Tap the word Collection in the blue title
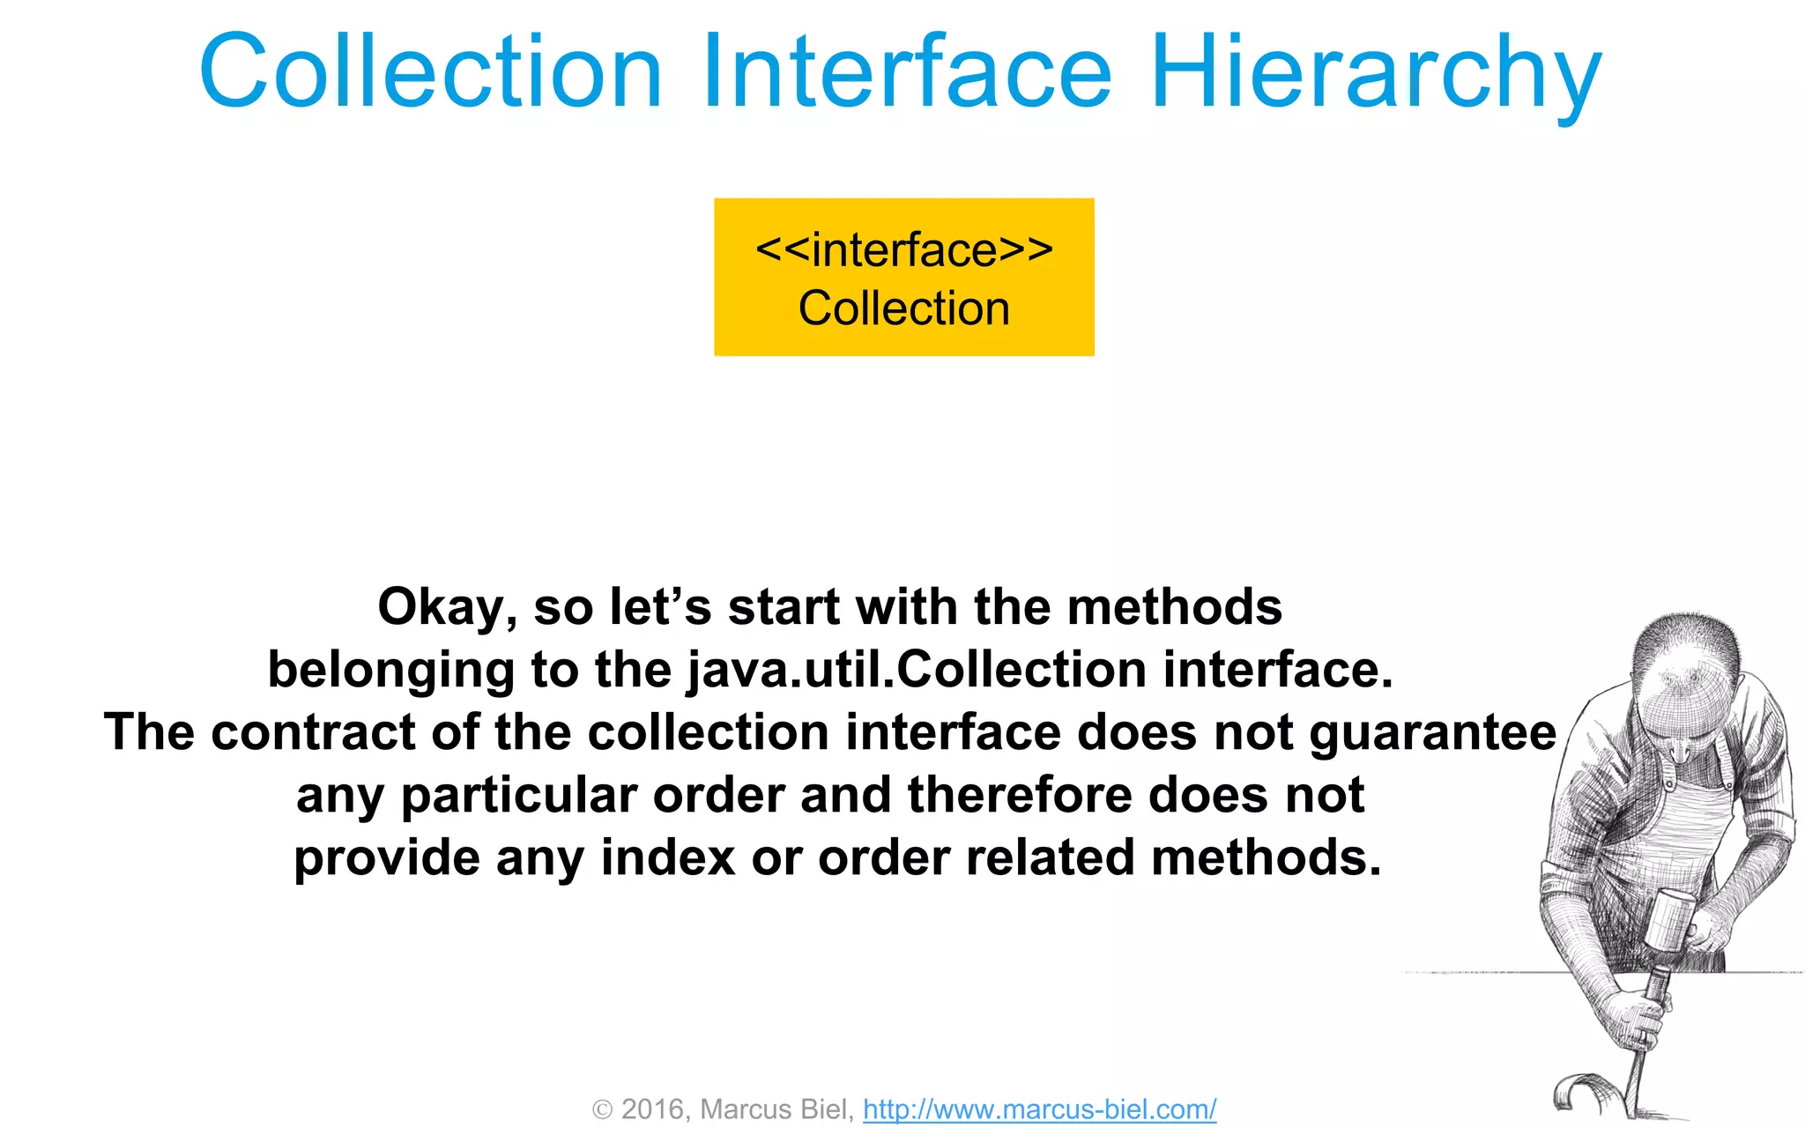point(430,72)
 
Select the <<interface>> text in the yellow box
point(904,250)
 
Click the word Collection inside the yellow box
point(904,308)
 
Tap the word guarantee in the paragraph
point(1432,733)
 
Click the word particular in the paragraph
point(519,796)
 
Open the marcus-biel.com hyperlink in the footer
point(1039,1109)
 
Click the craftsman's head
point(1679,679)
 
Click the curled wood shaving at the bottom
point(1582,1093)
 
